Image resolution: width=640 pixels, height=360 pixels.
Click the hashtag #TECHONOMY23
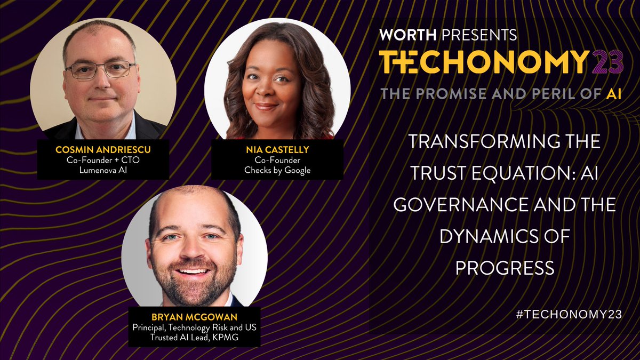coord(569,314)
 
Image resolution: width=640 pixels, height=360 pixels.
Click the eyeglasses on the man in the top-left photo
coord(100,70)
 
